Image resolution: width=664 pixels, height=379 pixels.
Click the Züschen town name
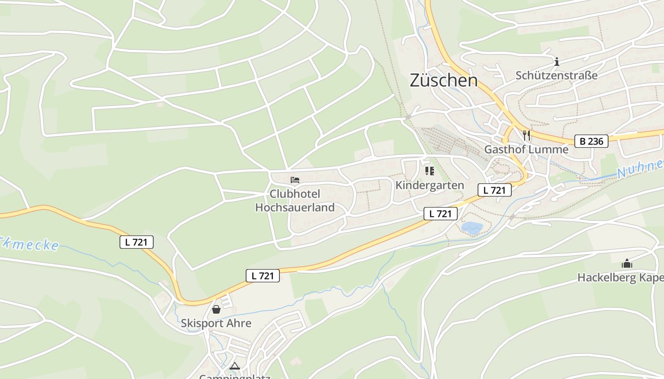click(x=443, y=80)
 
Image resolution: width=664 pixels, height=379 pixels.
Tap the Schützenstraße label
click(x=556, y=75)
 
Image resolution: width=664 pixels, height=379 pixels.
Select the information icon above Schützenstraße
click(x=557, y=62)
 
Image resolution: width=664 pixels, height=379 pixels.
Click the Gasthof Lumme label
click(x=526, y=150)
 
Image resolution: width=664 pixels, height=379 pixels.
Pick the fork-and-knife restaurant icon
click(x=526, y=135)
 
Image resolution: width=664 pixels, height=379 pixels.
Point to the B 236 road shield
click(x=591, y=141)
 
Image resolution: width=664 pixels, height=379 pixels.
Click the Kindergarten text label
click(x=430, y=185)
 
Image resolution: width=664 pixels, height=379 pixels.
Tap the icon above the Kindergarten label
click(x=430, y=171)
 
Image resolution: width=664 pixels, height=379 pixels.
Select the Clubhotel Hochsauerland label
click(x=295, y=200)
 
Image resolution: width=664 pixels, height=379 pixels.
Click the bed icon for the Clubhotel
click(x=295, y=180)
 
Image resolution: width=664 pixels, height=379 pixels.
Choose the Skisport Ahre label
click(x=216, y=323)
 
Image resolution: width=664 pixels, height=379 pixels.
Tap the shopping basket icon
click(x=216, y=309)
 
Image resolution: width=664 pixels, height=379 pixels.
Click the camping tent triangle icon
click(x=235, y=366)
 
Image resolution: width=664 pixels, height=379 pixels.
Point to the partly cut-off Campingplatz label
click(x=235, y=377)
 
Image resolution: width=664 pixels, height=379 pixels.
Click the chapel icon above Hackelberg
click(x=627, y=263)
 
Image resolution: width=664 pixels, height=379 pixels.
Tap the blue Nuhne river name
click(x=640, y=169)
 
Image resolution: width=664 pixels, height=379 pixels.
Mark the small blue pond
click(x=472, y=228)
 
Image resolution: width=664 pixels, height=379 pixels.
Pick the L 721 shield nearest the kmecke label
click(x=137, y=242)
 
